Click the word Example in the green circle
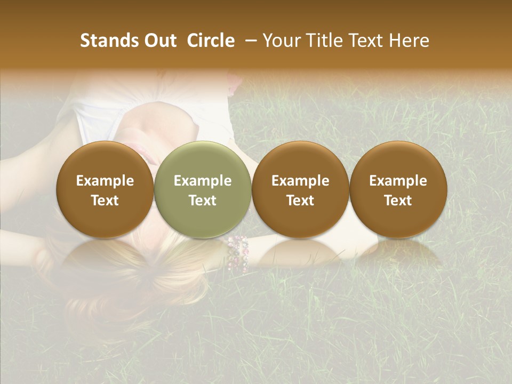point(203,181)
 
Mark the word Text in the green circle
point(203,201)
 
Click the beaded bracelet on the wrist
point(238,253)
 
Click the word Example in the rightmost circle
point(398,181)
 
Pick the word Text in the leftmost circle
point(105,201)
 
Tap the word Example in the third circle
point(300,181)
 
